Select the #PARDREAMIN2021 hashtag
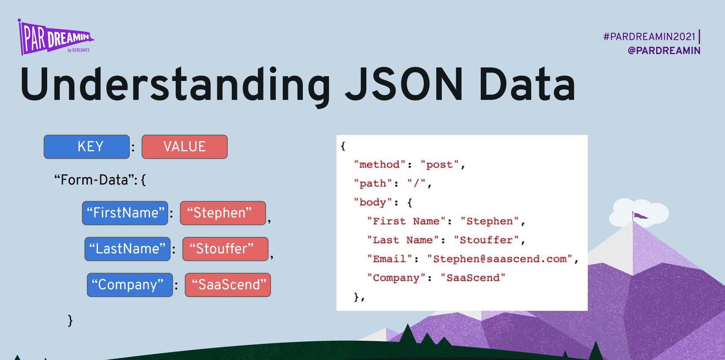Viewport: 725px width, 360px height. tap(649, 37)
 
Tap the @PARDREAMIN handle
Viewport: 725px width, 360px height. tap(664, 51)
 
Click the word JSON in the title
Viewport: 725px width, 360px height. tap(404, 84)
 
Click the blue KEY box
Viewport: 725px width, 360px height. tap(87, 147)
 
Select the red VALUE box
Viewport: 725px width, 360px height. tap(184, 147)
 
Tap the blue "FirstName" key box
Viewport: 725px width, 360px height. tap(125, 213)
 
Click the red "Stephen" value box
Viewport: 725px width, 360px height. tap(223, 213)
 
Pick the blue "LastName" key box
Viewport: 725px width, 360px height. tap(127, 249)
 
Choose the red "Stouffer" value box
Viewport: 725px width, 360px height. tap(225, 249)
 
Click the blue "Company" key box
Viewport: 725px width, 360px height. tap(130, 285)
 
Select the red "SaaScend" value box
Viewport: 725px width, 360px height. tap(228, 285)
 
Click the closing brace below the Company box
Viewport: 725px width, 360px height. tap(70, 320)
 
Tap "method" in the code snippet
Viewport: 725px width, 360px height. tap(380, 164)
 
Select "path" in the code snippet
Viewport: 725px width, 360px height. tap(373, 183)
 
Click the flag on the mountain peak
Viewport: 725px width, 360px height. tap(640, 216)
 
